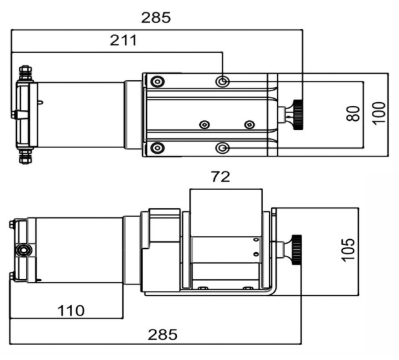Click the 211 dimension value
(124, 41)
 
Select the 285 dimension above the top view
(156, 18)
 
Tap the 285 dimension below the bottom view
(162, 334)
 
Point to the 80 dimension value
(354, 113)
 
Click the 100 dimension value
(379, 113)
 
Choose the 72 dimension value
(221, 176)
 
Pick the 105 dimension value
(348, 249)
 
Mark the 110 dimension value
(71, 310)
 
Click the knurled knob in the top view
(298, 114)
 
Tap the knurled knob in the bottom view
(297, 249)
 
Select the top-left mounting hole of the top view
(158, 82)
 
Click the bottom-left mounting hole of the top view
(158, 148)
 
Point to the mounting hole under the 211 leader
(222, 82)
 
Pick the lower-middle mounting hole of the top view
(222, 148)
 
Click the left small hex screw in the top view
(204, 125)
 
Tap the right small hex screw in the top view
(250, 125)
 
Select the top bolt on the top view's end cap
(25, 73)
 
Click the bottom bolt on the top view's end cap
(25, 156)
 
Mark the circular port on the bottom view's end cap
(23, 250)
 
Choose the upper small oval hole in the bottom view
(256, 240)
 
